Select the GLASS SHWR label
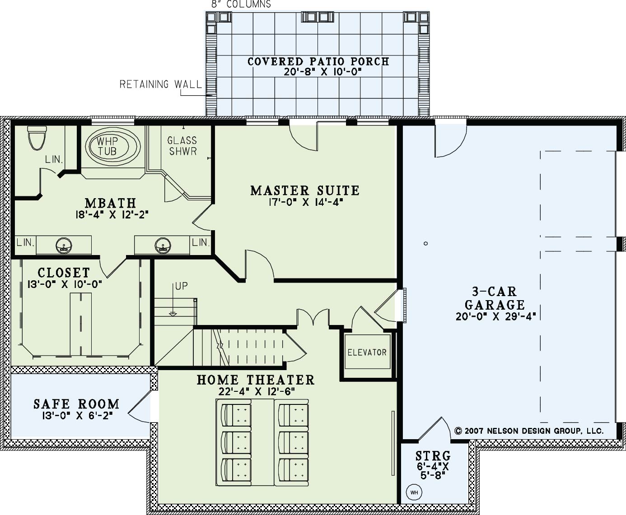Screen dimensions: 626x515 point(182,146)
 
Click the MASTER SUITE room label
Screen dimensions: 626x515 point(305,190)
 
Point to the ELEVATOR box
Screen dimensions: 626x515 point(367,352)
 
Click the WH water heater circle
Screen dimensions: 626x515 point(414,493)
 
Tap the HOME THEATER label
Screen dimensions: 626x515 point(256,380)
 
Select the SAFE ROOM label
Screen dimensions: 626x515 point(76,404)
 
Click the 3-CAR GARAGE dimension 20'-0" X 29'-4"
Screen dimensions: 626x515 point(496,316)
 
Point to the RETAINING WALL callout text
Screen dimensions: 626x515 point(161,84)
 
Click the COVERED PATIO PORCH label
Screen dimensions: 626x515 point(318,61)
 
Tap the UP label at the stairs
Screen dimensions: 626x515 point(181,286)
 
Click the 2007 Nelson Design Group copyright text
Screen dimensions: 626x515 point(529,431)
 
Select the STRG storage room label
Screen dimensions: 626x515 point(433,455)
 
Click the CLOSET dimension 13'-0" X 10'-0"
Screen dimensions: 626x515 point(65,284)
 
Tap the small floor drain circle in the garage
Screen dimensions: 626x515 point(425,244)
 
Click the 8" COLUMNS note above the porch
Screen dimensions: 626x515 point(241,4)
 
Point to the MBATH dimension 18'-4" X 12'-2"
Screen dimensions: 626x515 point(112,214)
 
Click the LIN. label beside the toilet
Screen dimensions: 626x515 point(54,160)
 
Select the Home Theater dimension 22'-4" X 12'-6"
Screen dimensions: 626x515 point(257,392)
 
